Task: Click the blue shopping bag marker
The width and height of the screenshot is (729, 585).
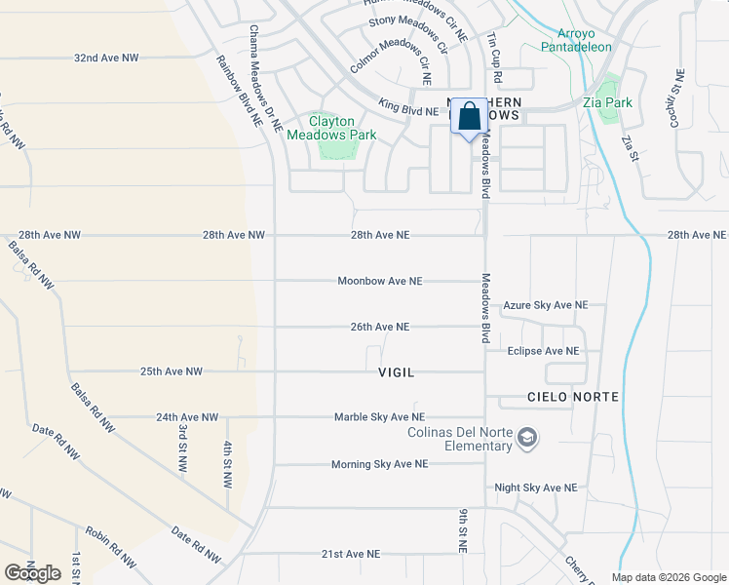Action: click(469, 117)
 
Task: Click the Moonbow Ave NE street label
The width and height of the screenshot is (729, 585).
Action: click(380, 281)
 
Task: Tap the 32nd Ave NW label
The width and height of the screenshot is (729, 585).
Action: click(106, 58)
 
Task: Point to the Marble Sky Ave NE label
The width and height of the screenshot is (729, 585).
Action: click(379, 417)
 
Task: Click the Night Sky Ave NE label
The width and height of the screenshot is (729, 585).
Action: click(535, 487)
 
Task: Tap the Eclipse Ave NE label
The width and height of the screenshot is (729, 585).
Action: click(543, 351)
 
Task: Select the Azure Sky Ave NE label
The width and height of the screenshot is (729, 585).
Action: click(545, 305)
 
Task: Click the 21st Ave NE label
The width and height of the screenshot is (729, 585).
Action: click(351, 554)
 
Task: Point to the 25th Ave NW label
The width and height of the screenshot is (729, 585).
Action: click(171, 371)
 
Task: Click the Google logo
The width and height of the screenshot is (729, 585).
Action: click(33, 572)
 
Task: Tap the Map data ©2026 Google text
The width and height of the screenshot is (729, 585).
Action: click(668, 577)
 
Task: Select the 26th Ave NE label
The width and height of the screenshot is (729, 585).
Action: click(380, 327)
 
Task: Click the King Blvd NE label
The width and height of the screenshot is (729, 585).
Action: click(408, 111)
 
